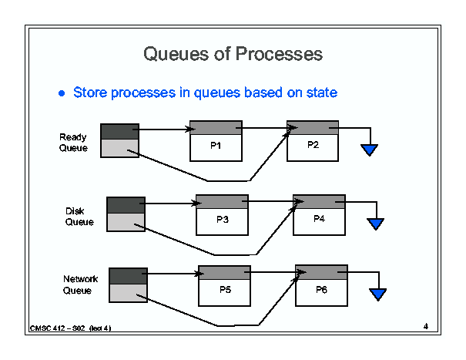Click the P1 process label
[216, 146]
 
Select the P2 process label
[313, 145]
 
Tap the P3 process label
[223, 219]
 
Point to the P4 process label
[319, 219]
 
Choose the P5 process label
[225, 290]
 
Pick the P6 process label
[321, 290]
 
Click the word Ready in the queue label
[73, 137]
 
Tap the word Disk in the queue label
[75, 211]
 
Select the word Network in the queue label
[80, 279]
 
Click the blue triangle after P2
[370, 149]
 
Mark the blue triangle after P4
[376, 223]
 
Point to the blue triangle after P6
[377, 294]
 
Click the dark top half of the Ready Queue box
[119, 132]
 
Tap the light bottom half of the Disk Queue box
[126, 222]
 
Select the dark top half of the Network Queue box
[128, 276]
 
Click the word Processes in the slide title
[279, 54]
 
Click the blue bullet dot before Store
[62, 93]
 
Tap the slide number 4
[426, 326]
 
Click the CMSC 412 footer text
[70, 328]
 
